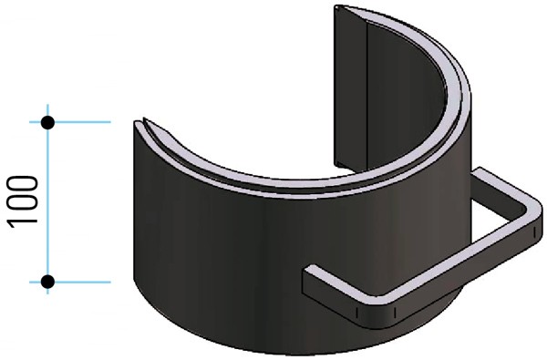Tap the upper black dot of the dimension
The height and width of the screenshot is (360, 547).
[48, 121]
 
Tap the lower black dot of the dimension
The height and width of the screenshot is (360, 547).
[48, 282]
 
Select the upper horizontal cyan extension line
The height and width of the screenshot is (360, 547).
[87, 121]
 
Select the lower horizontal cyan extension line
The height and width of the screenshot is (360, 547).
[87, 282]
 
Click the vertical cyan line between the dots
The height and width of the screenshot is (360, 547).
[48, 201]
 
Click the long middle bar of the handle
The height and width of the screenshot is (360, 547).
[456, 264]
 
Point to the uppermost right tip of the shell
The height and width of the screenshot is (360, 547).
[339, 8]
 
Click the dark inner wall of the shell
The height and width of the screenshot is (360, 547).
[401, 118]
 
